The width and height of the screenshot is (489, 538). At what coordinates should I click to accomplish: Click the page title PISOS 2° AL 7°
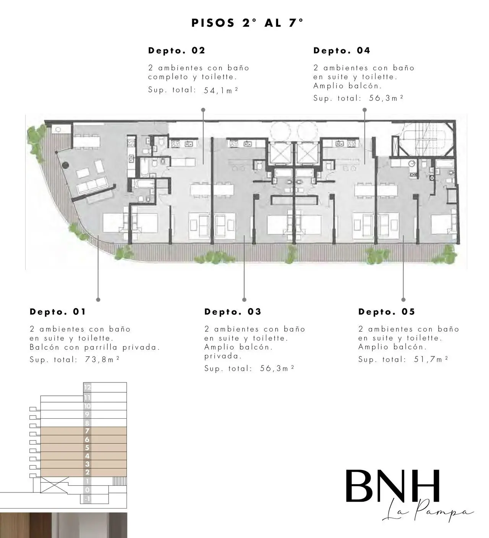247,23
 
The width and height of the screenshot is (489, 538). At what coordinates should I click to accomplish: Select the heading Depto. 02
176,50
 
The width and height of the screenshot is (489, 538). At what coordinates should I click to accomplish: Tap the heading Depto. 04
342,50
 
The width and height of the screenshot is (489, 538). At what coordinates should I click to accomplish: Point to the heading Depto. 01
58,312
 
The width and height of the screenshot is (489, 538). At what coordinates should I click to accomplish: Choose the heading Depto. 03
233,312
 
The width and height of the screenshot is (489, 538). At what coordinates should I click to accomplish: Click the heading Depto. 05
386,312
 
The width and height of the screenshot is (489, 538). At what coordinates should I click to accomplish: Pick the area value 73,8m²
102,359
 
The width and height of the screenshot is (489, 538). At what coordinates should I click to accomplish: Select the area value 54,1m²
221,90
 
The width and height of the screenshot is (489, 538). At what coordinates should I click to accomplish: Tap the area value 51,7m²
431,359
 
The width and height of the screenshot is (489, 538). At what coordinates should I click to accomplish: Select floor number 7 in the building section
87,431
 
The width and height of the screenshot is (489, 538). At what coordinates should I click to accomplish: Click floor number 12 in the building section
87,387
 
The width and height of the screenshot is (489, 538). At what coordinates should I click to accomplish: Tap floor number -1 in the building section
87,499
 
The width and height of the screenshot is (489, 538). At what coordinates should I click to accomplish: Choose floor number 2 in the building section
87,472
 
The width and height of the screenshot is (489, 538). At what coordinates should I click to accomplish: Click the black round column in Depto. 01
65,165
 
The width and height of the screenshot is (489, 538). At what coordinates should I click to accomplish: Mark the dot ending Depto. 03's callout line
244,299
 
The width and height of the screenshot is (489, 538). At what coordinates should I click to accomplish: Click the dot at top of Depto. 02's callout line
203,110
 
